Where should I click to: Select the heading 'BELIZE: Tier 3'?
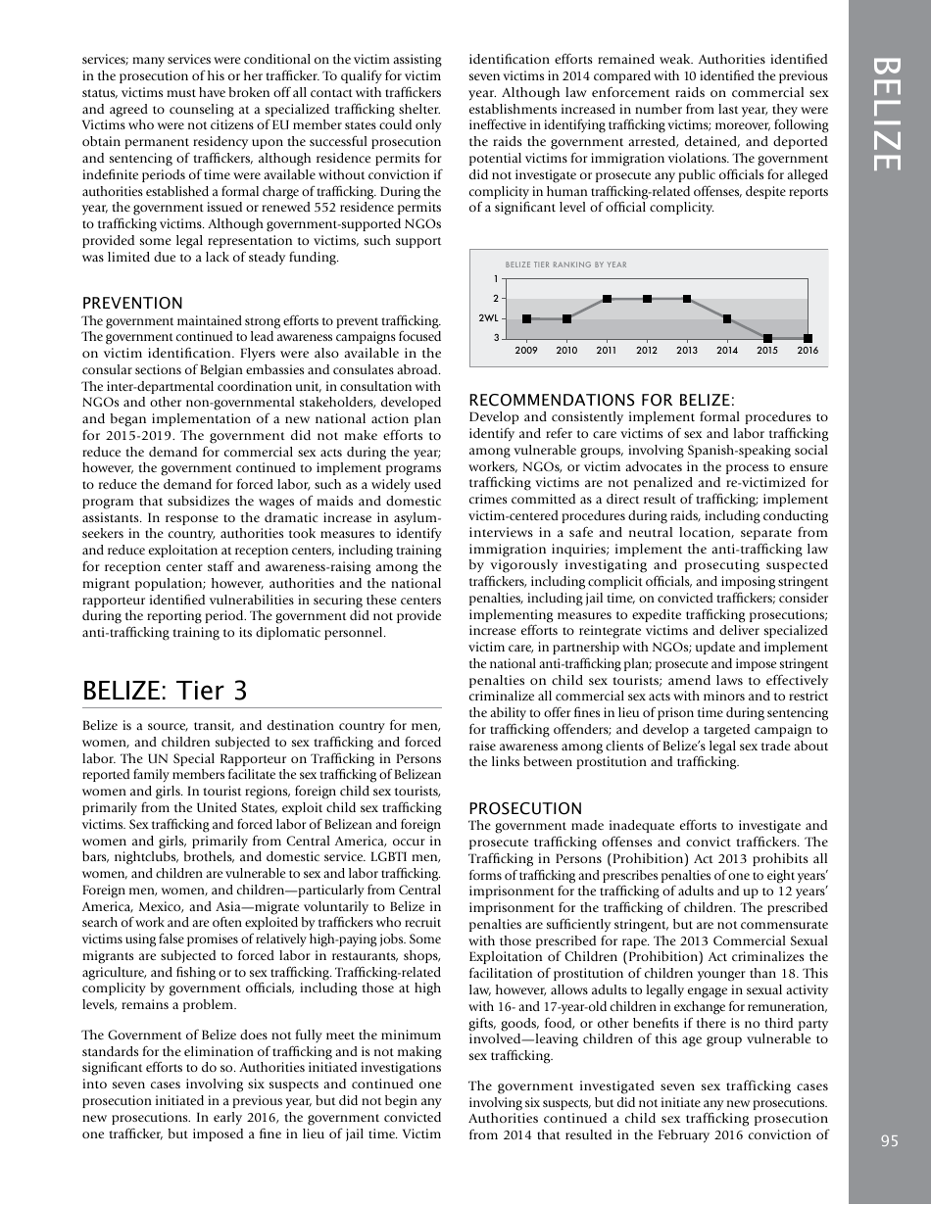click(x=165, y=690)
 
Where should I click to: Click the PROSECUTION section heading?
click(x=525, y=808)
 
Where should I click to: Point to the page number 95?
click(x=889, y=1139)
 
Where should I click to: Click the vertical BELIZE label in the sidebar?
click(x=889, y=114)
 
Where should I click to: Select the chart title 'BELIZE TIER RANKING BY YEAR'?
click(x=565, y=265)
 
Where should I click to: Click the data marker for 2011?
click(x=607, y=299)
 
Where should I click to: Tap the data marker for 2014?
click(x=727, y=318)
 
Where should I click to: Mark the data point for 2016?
click(x=808, y=338)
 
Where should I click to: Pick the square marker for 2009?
click(x=526, y=318)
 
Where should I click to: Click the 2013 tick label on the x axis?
click(x=687, y=351)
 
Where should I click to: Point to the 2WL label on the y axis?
click(x=488, y=318)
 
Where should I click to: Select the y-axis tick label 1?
click(x=495, y=279)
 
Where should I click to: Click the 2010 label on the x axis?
click(x=566, y=351)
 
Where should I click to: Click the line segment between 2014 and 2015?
click(x=748, y=328)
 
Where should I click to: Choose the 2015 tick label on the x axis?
click(x=767, y=351)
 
